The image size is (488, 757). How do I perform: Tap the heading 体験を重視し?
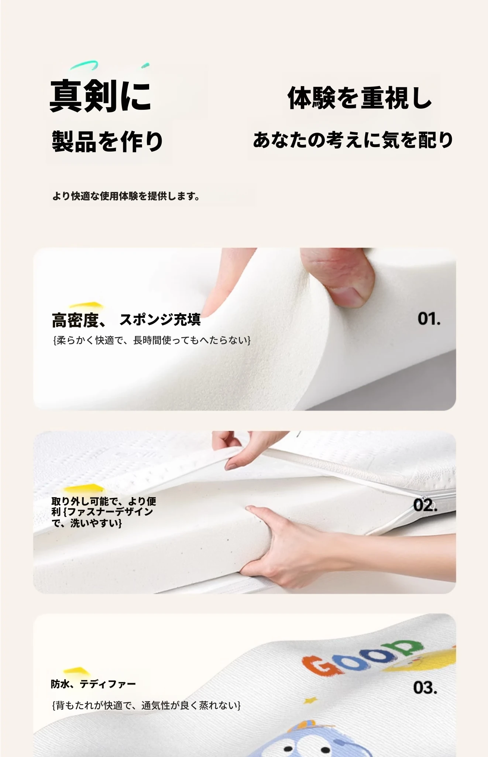coord(360,98)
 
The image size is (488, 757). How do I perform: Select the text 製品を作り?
coord(107,142)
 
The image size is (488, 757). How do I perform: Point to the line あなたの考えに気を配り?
coord(353,140)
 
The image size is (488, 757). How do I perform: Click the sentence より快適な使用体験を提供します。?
coord(126,196)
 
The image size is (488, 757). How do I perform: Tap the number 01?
coord(429,319)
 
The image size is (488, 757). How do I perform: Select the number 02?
coord(425,505)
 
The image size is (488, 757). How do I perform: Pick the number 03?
coord(425,688)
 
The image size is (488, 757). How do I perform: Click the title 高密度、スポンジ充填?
coord(126,320)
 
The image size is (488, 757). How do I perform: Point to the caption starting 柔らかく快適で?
coord(152,340)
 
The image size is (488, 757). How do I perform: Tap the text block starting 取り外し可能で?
coord(104,512)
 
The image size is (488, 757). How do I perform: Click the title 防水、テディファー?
coord(93,684)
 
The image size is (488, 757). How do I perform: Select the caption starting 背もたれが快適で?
coord(147,706)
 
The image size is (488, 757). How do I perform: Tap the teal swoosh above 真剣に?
coord(85,66)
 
